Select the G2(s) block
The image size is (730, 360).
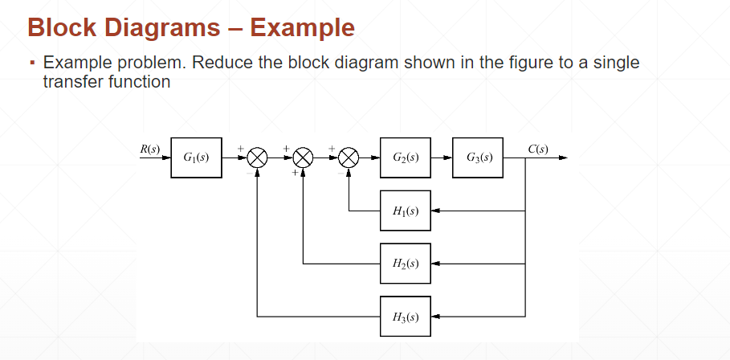(x=406, y=157)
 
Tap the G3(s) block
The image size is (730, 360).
(x=479, y=157)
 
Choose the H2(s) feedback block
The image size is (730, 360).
(x=406, y=263)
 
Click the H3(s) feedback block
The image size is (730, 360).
(x=406, y=316)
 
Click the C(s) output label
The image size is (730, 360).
(x=538, y=149)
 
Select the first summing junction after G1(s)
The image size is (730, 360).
(x=257, y=157)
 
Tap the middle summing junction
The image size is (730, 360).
(x=303, y=157)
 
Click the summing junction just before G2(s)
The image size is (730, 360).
(x=349, y=157)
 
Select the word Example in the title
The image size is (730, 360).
(x=302, y=27)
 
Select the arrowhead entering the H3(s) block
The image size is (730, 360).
(x=435, y=316)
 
